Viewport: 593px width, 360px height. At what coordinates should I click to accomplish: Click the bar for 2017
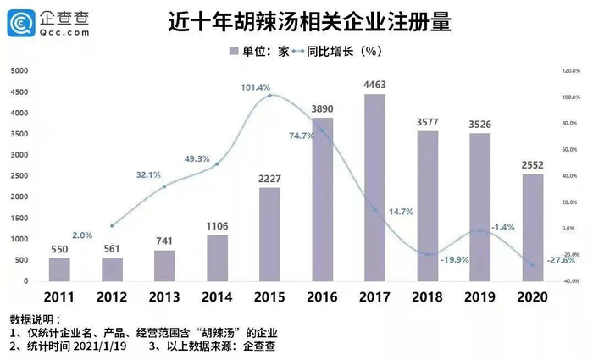[x=374, y=187]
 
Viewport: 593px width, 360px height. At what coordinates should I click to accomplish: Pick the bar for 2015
[x=269, y=234]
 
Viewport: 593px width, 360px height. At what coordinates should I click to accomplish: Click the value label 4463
[x=374, y=84]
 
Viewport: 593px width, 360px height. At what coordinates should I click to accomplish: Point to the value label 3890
[x=322, y=108]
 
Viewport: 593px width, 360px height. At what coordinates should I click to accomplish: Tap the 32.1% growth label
[x=147, y=174]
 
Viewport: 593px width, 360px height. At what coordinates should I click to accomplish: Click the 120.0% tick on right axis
[x=568, y=72]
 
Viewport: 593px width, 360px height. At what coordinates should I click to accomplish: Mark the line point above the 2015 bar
[x=269, y=96]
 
